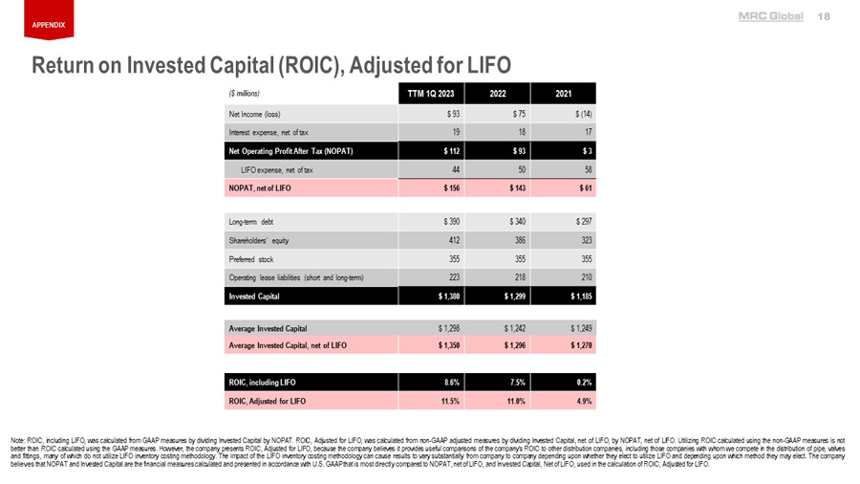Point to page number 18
(x=825, y=17)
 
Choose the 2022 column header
(x=498, y=93)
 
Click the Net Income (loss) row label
(x=254, y=114)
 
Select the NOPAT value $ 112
(x=452, y=151)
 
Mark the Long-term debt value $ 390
(x=452, y=221)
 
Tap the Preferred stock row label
(x=250, y=258)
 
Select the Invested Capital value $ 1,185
(x=579, y=297)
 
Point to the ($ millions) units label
(x=245, y=93)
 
